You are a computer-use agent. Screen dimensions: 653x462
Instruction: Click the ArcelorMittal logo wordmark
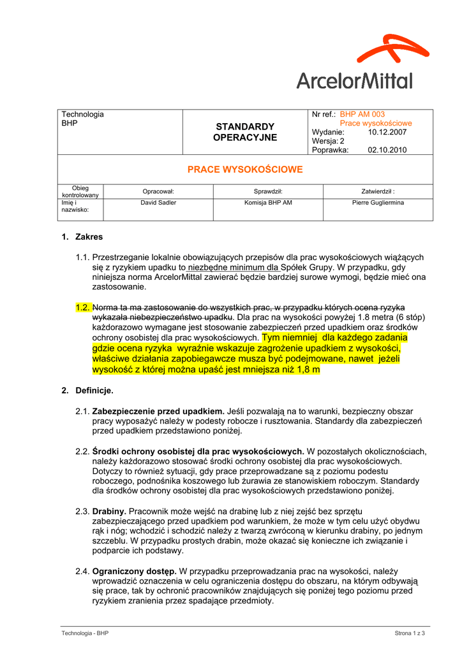354,80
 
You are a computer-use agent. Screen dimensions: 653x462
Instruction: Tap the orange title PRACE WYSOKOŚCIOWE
245,170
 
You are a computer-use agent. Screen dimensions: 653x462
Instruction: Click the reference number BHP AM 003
362,114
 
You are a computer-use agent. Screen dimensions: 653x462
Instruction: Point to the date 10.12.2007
387,132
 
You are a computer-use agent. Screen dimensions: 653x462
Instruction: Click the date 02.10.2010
387,150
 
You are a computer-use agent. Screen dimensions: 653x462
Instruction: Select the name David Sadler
158,203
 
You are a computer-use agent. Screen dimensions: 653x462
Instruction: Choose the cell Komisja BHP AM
268,203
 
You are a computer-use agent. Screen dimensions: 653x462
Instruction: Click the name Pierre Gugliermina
378,203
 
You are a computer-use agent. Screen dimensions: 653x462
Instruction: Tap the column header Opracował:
158,191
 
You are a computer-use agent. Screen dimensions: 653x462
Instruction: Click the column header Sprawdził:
268,191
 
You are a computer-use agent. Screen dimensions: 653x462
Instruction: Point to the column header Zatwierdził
378,191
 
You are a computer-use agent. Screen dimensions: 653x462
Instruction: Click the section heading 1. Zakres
82,237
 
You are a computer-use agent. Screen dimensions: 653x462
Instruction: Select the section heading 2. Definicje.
87,390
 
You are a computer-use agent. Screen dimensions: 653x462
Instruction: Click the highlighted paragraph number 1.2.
83,307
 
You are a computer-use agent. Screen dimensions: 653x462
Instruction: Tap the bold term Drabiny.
110,511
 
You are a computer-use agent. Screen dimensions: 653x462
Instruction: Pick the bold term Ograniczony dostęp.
134,571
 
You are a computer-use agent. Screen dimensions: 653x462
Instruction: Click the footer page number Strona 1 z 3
410,633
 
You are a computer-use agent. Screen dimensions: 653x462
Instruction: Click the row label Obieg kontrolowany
80,191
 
